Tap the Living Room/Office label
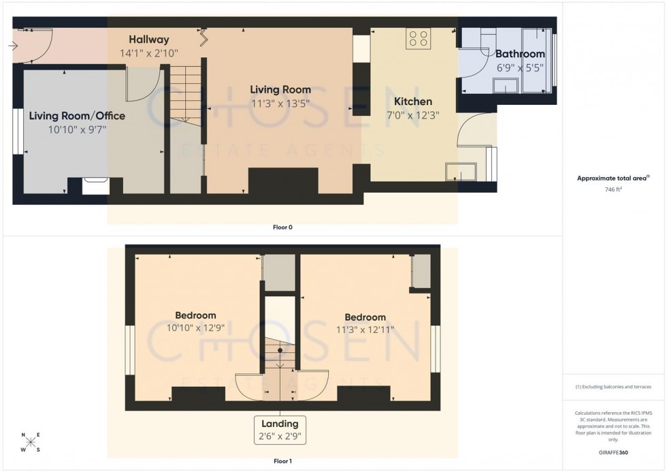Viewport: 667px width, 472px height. pos(77,116)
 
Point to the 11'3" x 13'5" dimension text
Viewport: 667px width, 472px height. pos(280,103)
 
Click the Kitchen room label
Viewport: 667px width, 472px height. pos(412,101)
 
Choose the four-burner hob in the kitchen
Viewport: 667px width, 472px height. pos(417,39)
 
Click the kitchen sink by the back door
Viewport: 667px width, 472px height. pos(461,172)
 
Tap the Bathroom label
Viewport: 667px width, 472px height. pos(520,54)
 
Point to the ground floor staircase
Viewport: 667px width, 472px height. pos(186,91)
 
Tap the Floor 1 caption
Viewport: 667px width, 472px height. pos(282,462)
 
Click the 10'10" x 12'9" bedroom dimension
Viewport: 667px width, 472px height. pos(195,328)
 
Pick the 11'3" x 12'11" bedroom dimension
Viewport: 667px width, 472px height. pos(365,330)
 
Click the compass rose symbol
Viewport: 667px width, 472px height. pos(31,442)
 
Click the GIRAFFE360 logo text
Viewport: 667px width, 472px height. pos(614,452)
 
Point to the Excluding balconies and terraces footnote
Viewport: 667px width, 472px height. pos(614,387)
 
